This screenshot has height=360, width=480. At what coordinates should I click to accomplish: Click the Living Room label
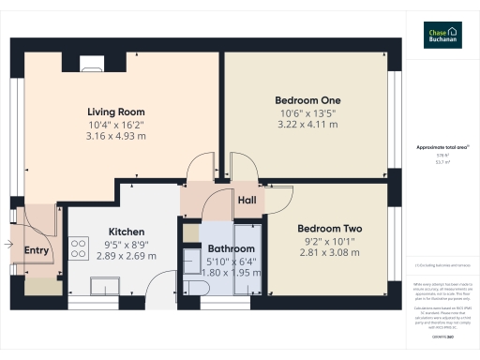coord(117,111)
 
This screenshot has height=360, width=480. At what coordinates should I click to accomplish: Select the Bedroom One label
coord(307,100)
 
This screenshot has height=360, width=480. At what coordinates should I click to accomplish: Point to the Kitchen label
coord(126,232)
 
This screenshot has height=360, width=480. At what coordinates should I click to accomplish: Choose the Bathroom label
coord(230,248)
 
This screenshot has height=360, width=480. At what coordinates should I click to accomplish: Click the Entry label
coord(37,250)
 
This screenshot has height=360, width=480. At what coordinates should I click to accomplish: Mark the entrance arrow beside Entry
coord(8,245)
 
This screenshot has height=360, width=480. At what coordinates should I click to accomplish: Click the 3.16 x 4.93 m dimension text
coord(117,136)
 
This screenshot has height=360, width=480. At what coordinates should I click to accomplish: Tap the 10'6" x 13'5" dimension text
coord(307,113)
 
